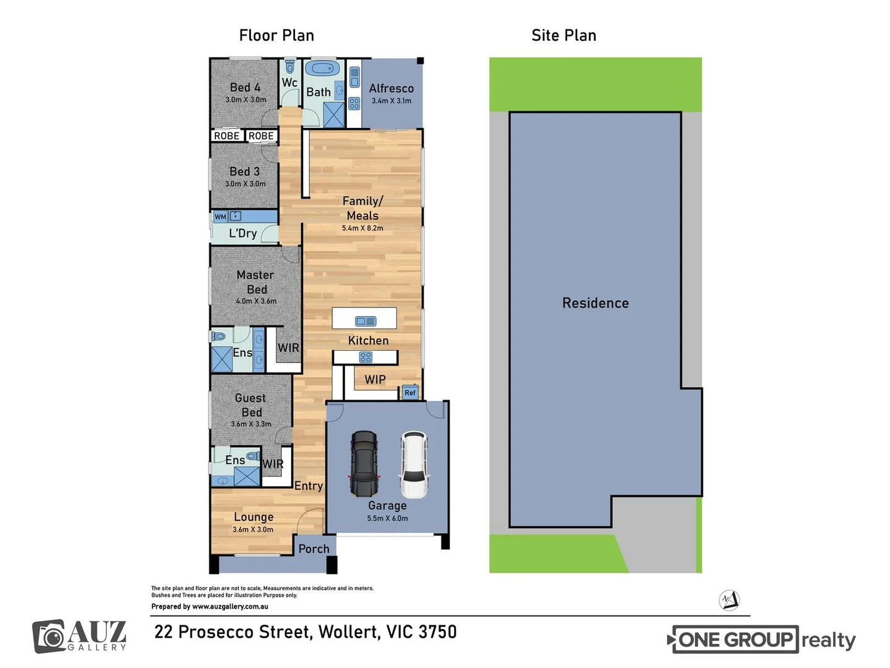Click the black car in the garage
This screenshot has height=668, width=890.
[x=364, y=464]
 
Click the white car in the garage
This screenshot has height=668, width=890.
[x=414, y=465]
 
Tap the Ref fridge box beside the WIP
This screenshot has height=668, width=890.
[x=410, y=393]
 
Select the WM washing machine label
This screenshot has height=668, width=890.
[x=220, y=217]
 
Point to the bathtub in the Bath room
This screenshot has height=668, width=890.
[x=322, y=69]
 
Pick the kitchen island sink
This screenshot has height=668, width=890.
[x=366, y=321]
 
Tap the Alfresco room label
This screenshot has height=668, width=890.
[x=391, y=88]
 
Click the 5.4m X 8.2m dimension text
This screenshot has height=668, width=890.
[x=362, y=228]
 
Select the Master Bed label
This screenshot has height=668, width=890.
[x=255, y=282]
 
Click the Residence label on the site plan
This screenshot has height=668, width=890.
[x=595, y=303]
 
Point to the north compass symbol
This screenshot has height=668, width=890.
[x=730, y=600]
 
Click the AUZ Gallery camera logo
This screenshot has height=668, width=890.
[x=49, y=636]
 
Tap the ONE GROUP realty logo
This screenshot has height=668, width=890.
[x=762, y=640]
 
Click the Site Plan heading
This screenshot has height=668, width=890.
[x=563, y=36]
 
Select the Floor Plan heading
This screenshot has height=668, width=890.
[x=276, y=36]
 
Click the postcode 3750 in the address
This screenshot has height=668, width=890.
[x=437, y=632]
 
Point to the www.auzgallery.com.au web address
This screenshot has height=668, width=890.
[x=230, y=607]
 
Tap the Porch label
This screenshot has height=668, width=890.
[x=314, y=549]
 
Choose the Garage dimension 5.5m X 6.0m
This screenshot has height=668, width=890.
[x=387, y=518]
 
